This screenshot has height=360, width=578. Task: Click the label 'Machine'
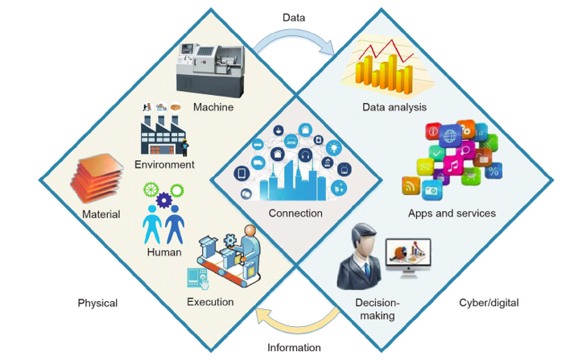pyautogui.click(x=214, y=107)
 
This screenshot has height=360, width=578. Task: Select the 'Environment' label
pyautogui.click(x=164, y=164)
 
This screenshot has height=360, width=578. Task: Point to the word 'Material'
pyautogui.click(x=101, y=214)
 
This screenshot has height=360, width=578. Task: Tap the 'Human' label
pyautogui.click(x=163, y=254)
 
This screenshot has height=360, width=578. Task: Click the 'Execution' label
pyautogui.click(x=210, y=302)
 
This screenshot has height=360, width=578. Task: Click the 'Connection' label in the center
pyautogui.click(x=295, y=213)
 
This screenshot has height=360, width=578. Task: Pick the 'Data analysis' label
pyautogui.click(x=394, y=107)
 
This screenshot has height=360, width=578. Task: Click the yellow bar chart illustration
pyautogui.click(x=382, y=68)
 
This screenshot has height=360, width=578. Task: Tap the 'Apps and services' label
pyautogui.click(x=452, y=213)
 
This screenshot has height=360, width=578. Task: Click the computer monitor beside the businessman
pyautogui.click(x=410, y=255)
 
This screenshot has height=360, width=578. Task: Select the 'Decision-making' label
pyautogui.click(x=375, y=309)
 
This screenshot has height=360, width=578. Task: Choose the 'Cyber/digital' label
pyautogui.click(x=488, y=304)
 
